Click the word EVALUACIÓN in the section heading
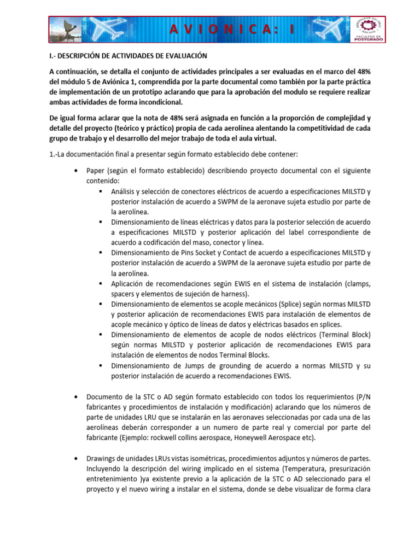[183, 56]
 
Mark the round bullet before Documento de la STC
[75, 396]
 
